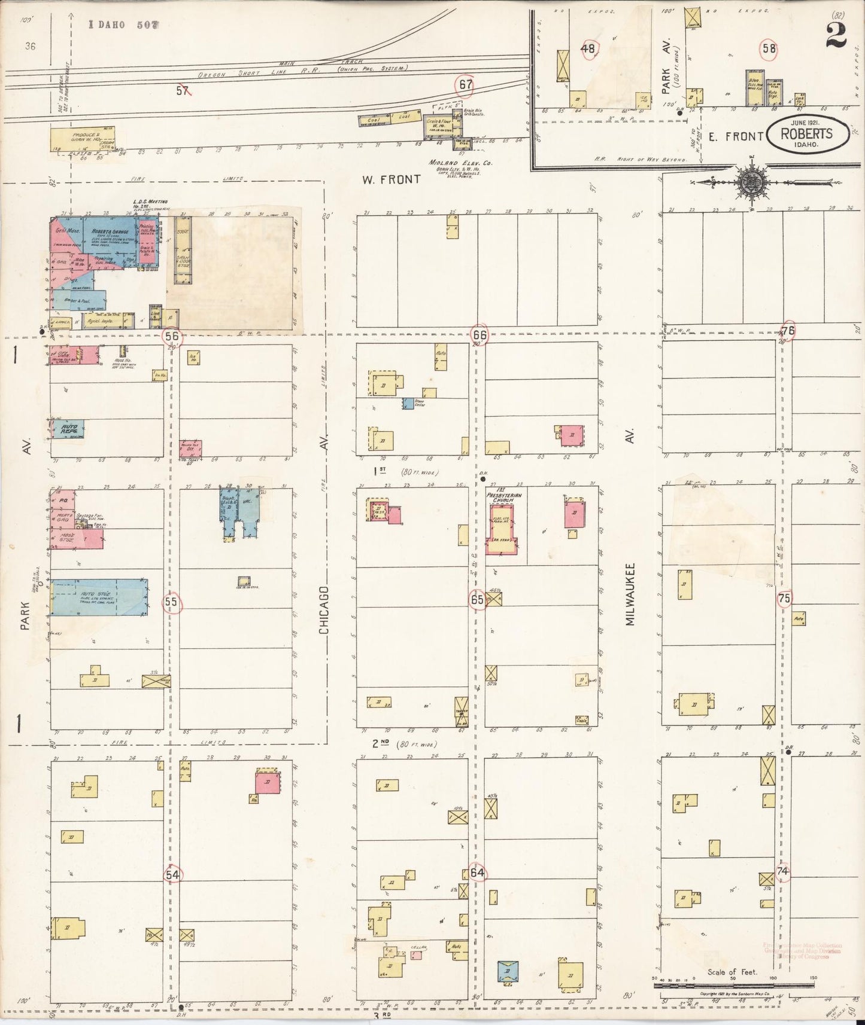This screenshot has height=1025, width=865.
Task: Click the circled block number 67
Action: click(465, 86)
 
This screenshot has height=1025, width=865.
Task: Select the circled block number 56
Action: click(172, 337)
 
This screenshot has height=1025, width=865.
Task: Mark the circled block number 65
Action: click(477, 600)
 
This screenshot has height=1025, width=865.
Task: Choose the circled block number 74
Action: click(782, 872)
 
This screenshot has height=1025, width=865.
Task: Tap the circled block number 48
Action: click(588, 49)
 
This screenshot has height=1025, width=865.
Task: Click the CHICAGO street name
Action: click(324, 610)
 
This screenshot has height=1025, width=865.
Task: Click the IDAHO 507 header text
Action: click(124, 25)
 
